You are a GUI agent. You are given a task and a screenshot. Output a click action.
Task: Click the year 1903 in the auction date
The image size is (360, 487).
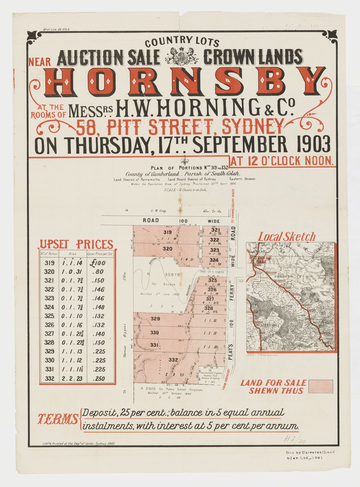point(312,145)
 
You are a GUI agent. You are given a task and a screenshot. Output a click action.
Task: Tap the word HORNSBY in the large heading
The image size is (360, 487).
point(184,82)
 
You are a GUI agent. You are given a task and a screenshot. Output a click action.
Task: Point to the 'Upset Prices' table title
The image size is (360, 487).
point(76,244)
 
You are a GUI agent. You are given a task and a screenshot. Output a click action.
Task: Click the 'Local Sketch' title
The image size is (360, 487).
point(287,236)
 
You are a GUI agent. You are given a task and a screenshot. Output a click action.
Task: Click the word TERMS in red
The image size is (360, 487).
point(58,419)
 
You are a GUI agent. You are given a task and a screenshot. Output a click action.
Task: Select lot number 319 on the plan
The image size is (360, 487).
point(167,232)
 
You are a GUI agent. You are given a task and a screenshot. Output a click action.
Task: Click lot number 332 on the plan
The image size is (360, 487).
point(173,360)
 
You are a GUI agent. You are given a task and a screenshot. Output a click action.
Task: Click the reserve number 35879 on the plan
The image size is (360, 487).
point(172,274)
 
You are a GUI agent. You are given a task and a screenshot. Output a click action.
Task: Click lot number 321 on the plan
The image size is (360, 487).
point(215,230)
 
